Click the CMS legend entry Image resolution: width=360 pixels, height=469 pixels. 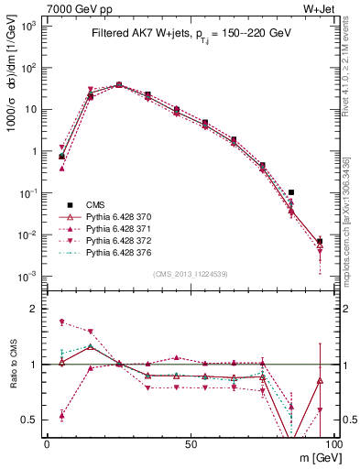(x=82, y=204)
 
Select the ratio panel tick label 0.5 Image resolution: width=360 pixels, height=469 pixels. (x=30, y=420)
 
